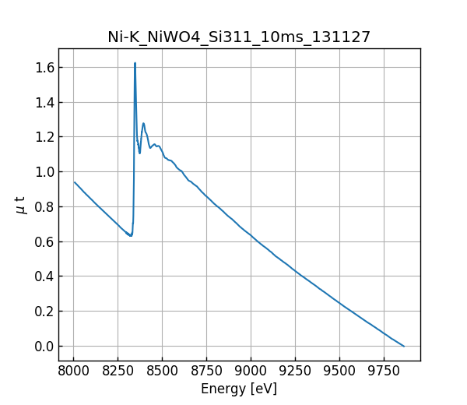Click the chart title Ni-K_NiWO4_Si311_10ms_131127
pos(239,37)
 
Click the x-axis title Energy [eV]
pos(239,389)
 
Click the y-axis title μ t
pos(21,205)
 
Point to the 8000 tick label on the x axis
pos(73,371)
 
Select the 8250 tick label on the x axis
pos(118,371)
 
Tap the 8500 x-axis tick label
pos(162,371)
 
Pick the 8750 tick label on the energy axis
pos(206,371)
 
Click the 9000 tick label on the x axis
pos(251,371)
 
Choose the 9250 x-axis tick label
pos(295,371)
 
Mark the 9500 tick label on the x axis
pos(339,371)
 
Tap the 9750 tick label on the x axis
pos(384,371)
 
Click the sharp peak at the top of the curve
pos(135,64)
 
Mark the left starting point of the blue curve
pos(75,182)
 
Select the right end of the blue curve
pos(404,346)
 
